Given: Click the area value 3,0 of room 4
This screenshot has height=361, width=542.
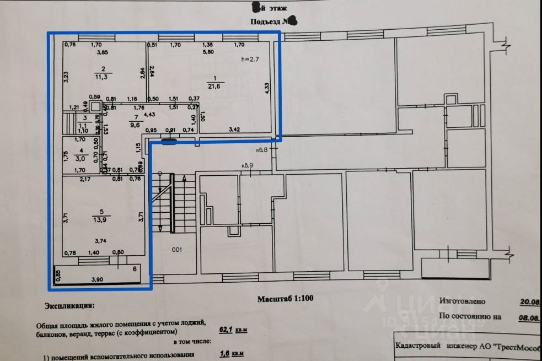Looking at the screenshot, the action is point(81,157).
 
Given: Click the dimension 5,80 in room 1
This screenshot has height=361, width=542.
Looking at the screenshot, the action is point(208,52).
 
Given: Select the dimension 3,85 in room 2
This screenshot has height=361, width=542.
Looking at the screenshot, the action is point(103,52).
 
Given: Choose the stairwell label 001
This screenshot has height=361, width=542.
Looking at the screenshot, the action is point(176,250).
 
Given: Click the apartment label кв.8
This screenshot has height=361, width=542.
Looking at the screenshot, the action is point(261,149).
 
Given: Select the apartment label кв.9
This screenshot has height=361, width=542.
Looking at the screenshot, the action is point(246,165).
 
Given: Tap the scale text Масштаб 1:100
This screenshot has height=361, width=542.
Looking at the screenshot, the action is point(285,299).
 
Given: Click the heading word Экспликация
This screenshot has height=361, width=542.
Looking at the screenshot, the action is point(69,305).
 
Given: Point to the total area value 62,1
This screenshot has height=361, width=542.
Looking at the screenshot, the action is point(226,330).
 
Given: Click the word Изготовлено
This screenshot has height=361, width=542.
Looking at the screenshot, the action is point(462,301).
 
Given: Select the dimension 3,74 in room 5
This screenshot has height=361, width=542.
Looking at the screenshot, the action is point(100,241).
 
